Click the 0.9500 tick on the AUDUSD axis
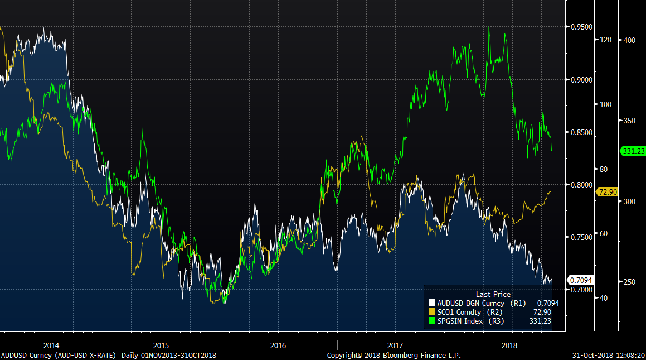pos(579,27)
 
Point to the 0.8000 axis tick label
pos(579,185)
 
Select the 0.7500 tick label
pos(579,237)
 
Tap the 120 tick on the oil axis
pos(606,40)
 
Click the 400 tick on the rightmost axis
pos(629,40)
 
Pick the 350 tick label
pos(629,121)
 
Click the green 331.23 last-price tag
pos(633,151)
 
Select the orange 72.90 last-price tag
pos(608,192)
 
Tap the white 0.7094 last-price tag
pos(580,280)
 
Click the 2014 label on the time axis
pos(51,345)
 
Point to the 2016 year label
pos(278,345)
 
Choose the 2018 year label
pos(509,345)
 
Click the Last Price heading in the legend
pos(493,294)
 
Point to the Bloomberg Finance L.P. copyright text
pos(394,355)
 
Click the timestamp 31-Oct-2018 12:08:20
pos(609,355)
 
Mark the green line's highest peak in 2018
pos(489,27)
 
